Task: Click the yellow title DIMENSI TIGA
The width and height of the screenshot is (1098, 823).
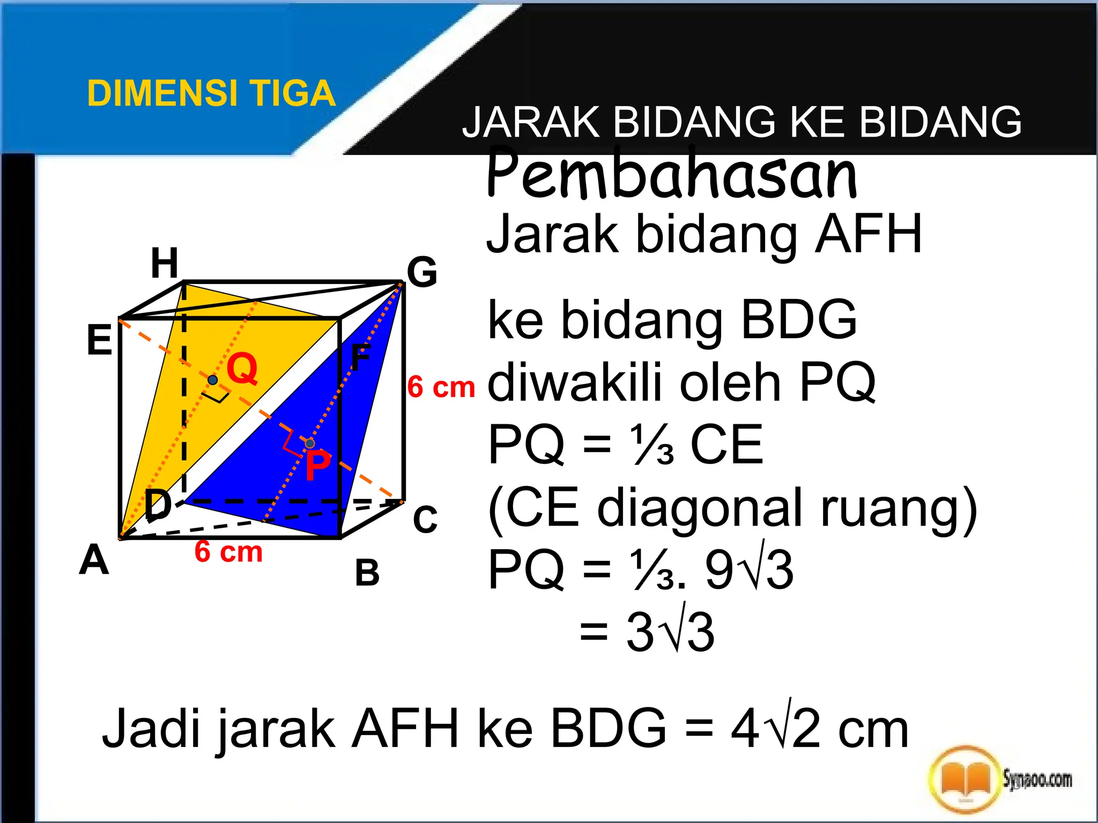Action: click(211, 94)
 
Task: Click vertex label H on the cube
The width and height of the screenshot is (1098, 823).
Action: click(164, 263)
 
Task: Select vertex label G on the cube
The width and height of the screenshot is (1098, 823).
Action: click(422, 272)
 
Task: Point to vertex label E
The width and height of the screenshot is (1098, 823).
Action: click(100, 340)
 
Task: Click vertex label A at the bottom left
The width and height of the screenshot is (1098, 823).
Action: click(94, 560)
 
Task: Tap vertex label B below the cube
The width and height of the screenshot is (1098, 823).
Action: click(367, 572)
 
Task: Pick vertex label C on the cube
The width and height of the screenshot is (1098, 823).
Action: click(425, 519)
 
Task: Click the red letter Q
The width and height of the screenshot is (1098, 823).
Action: click(242, 369)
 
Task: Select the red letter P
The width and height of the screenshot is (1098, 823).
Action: click(318, 465)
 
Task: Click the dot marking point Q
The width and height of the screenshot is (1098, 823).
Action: click(213, 380)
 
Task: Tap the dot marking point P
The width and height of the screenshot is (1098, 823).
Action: click(310, 443)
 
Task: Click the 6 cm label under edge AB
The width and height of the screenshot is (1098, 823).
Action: click(228, 551)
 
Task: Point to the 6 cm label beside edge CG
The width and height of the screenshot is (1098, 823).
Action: click(441, 387)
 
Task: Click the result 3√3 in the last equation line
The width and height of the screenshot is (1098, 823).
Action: click(670, 632)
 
